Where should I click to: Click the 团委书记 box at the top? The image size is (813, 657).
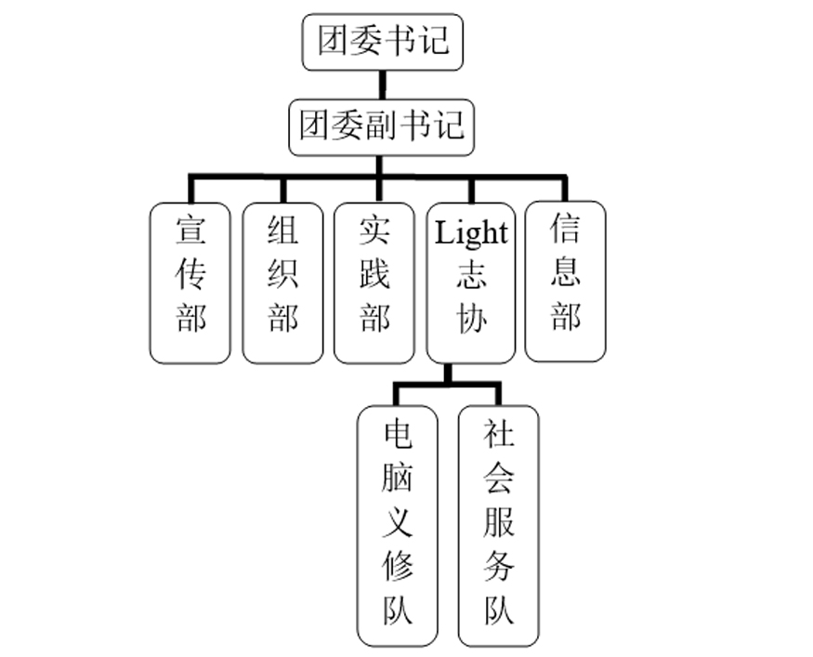[x=382, y=42]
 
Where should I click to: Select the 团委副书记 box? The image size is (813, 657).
[x=382, y=125]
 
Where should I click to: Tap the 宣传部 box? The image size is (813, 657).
[x=190, y=283]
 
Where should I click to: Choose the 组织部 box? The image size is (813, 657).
[x=282, y=283]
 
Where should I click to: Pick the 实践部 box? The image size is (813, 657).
[x=374, y=283]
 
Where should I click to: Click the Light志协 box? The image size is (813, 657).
[x=471, y=283]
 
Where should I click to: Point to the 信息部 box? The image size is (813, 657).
[x=565, y=281]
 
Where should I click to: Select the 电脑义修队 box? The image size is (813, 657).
[x=398, y=525]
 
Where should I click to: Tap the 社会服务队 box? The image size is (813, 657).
[x=498, y=525]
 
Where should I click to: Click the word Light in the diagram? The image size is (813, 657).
[x=471, y=232]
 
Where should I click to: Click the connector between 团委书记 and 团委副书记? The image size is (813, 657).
[x=382, y=84]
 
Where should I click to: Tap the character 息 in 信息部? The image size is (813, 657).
[x=565, y=273]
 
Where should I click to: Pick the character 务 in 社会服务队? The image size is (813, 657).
[x=498, y=568]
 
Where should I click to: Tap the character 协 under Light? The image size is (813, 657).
[x=471, y=319]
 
